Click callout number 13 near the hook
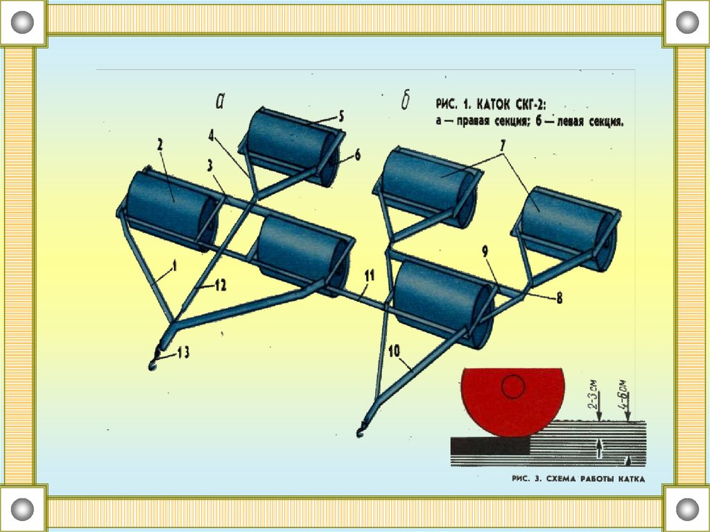pyautogui.click(x=183, y=353)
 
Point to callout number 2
pyautogui.click(x=159, y=145)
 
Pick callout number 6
pyautogui.click(x=358, y=155)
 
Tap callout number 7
pyautogui.click(x=502, y=146)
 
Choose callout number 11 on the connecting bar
pyautogui.click(x=370, y=275)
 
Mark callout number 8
pyautogui.click(x=558, y=300)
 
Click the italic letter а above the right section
pyautogui.click(x=220, y=102)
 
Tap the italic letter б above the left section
pyautogui.click(x=405, y=102)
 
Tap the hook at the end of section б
pyautogui.click(x=361, y=433)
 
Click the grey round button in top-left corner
pyautogui.click(x=23, y=23)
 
